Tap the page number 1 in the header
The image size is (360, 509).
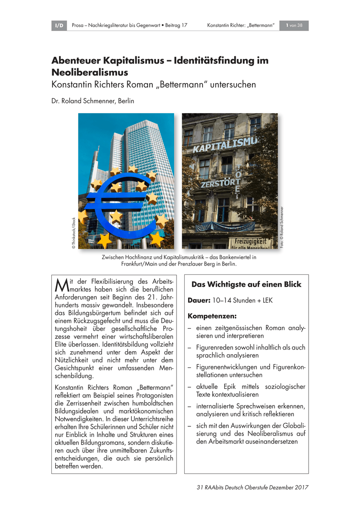[x=288, y=26]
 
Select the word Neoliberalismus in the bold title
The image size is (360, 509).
[x=90, y=72]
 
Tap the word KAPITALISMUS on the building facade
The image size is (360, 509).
[x=225, y=144]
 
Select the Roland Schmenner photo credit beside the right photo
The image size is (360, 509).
[x=281, y=227]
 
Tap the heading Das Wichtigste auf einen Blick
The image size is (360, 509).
[x=246, y=285]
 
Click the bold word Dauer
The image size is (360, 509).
[x=199, y=301]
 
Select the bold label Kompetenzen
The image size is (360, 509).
[x=212, y=316]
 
